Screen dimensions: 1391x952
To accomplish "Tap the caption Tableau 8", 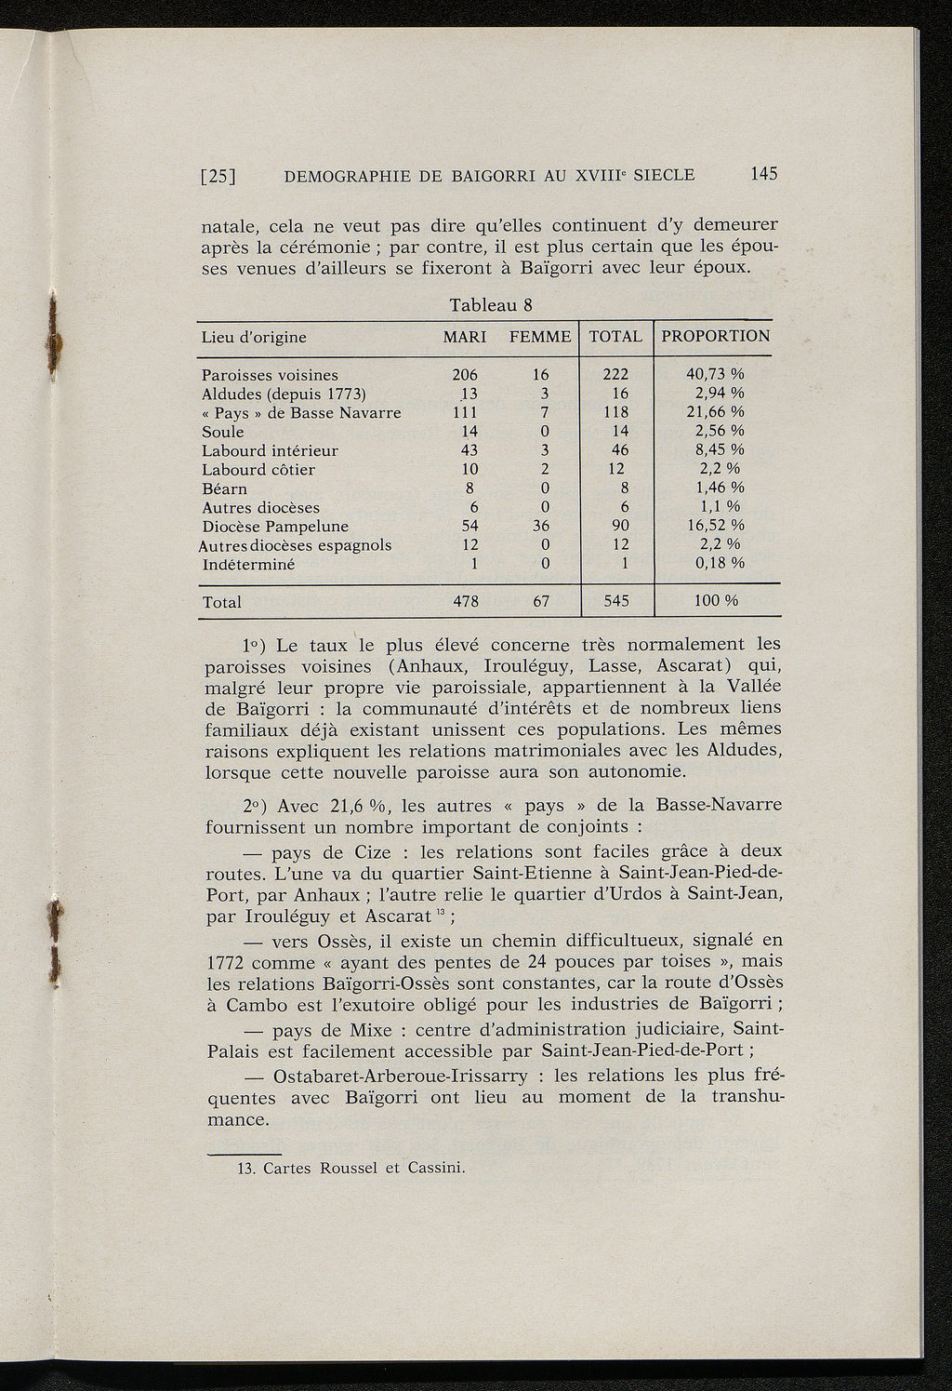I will click(x=489, y=304).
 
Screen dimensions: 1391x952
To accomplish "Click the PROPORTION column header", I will click(x=716, y=336).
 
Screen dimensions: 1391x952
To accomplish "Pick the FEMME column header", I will click(x=540, y=337).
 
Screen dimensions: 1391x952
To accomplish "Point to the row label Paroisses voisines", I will click(x=270, y=375).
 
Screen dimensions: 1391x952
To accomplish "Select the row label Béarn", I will click(x=225, y=488).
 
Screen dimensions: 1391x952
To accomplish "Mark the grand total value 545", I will click(x=616, y=602).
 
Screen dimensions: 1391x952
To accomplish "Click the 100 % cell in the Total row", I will click(x=717, y=602).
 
